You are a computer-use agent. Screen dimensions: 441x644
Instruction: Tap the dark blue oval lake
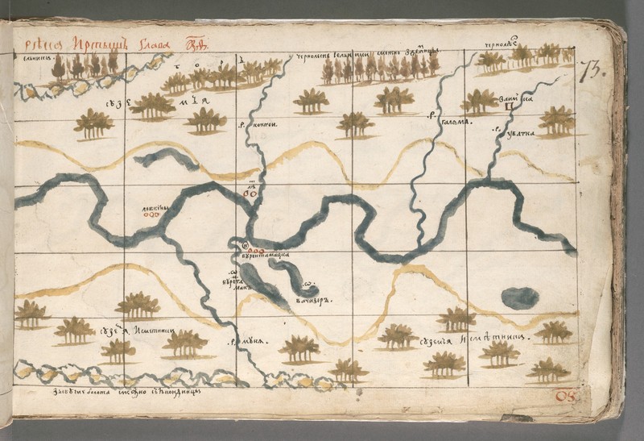click(x=520, y=297)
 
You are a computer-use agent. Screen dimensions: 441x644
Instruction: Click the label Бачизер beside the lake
click(x=314, y=299)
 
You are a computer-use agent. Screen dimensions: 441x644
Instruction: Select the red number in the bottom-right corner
click(x=563, y=396)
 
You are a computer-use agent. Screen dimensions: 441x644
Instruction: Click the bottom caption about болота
click(x=109, y=391)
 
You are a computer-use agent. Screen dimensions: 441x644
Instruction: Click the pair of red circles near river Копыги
click(x=250, y=193)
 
